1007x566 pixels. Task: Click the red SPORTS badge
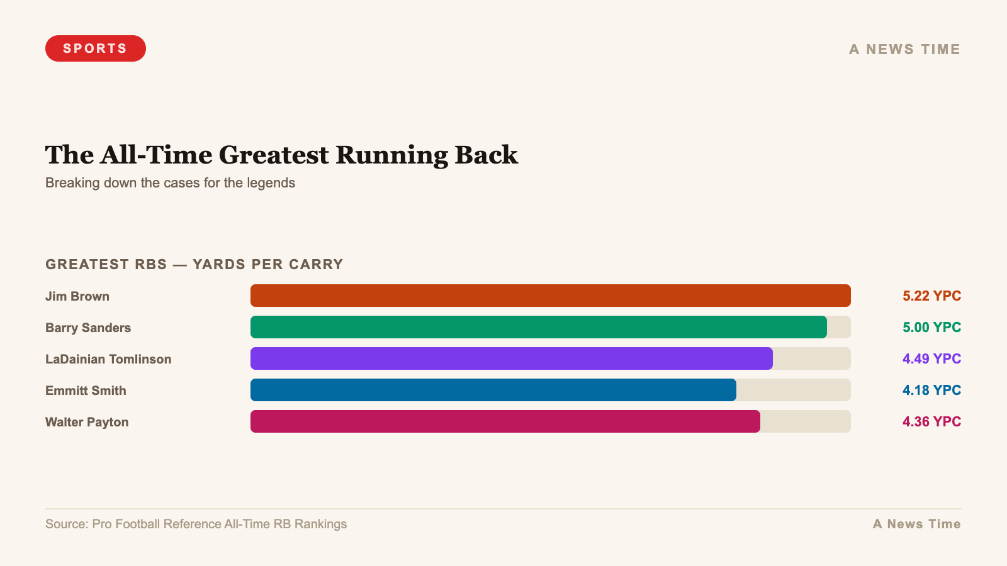[x=95, y=48]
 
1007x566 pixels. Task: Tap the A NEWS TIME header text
[x=904, y=49]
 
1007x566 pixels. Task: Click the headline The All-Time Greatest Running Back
[x=281, y=155]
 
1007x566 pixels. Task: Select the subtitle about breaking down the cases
[x=170, y=183]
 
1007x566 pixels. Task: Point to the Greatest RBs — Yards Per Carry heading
[x=194, y=264]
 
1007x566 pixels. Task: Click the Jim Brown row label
[x=77, y=296]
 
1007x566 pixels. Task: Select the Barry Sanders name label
[x=88, y=328]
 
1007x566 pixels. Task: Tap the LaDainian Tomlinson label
[x=108, y=359]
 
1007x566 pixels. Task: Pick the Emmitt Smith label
[x=86, y=391]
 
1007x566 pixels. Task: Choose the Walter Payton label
[x=87, y=422]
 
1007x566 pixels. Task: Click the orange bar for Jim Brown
[x=550, y=296]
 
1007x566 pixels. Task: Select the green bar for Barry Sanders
[x=538, y=327]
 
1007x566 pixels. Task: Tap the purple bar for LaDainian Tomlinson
[x=511, y=358]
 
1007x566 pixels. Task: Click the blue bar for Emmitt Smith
[x=493, y=390]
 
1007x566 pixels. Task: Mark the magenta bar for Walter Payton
[x=505, y=421]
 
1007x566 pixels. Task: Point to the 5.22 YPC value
[x=931, y=296]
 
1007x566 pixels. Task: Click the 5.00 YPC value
[x=931, y=327]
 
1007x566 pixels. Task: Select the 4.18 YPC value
[x=931, y=390]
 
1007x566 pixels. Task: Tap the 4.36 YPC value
[x=931, y=421]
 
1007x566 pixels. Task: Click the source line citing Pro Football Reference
[x=196, y=524]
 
